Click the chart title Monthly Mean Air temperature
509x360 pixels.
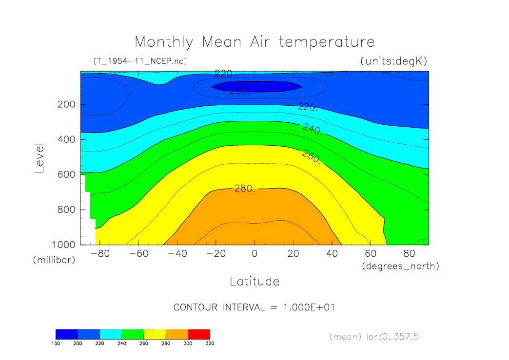254,42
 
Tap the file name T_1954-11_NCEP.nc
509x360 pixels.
140,61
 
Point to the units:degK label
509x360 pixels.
393,61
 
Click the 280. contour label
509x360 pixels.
245,189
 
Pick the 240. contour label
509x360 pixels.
312,129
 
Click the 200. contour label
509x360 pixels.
240,91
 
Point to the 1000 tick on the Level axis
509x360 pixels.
65,245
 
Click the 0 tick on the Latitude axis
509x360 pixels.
254,254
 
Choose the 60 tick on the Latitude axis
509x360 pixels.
371,254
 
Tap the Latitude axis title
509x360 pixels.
254,281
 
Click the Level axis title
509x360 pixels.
40,158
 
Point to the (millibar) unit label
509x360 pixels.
54,260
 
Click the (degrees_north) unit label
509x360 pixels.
400,266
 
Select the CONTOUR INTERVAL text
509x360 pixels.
254,307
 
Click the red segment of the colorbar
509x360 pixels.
199,334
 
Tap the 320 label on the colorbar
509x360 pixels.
210,343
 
